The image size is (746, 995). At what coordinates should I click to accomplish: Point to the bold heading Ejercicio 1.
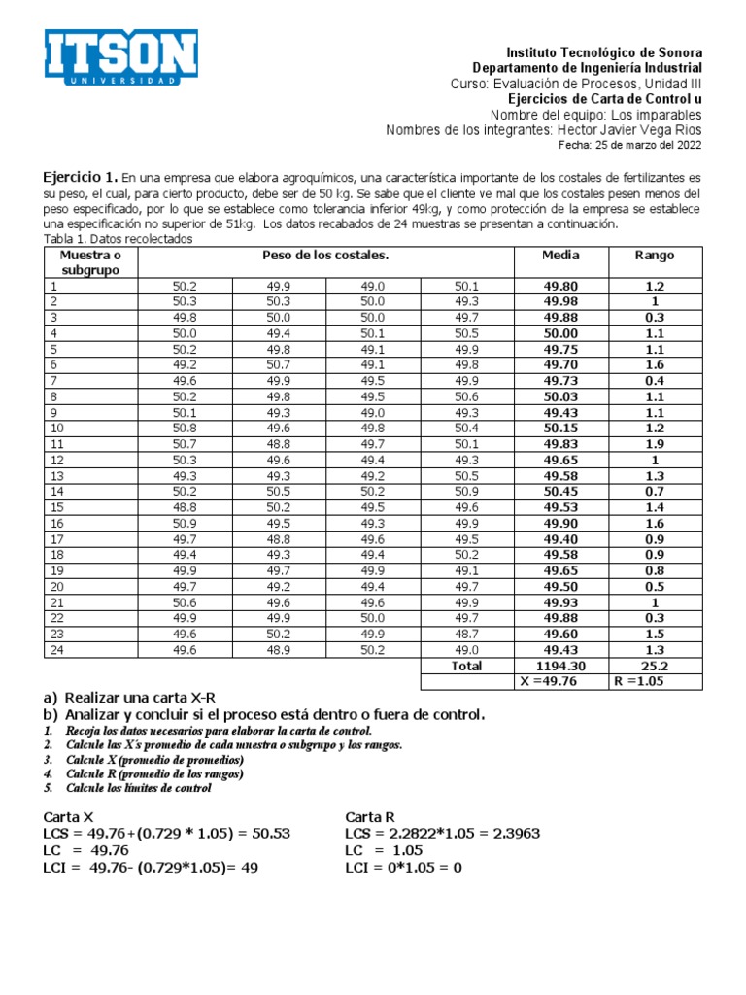[81, 178]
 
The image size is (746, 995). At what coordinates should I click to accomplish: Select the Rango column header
[654, 255]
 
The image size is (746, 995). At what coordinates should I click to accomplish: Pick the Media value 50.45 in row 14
[560, 493]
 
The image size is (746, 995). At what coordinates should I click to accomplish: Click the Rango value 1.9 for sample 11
[654, 444]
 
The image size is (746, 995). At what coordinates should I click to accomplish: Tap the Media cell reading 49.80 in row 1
[560, 286]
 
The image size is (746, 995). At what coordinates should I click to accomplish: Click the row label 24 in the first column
[56, 651]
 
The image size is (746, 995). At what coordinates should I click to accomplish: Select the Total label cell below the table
[466, 666]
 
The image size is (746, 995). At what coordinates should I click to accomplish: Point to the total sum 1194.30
[560, 667]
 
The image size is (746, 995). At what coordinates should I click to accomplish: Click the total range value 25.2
[654, 667]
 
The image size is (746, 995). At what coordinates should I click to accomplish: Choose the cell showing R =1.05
[654, 682]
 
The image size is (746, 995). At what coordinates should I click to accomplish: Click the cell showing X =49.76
[560, 682]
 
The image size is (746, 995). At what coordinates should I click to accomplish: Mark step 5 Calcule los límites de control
[138, 788]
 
